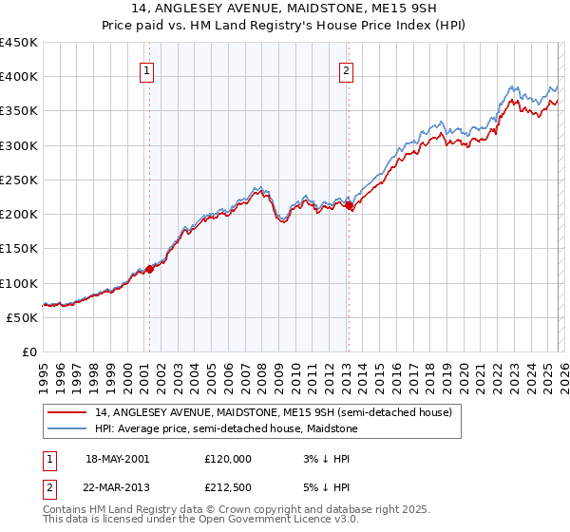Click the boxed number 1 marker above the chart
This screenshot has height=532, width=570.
pyautogui.click(x=148, y=70)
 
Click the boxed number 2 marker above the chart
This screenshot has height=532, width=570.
pyautogui.click(x=347, y=70)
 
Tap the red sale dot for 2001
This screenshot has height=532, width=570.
pyautogui.click(x=149, y=270)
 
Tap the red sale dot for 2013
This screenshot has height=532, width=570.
pyautogui.click(x=349, y=205)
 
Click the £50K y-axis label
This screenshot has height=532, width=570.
pyautogui.click(x=22, y=317)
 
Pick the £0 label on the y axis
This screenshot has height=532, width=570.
pyautogui.click(x=30, y=351)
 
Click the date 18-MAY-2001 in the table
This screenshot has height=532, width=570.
pyautogui.click(x=117, y=458)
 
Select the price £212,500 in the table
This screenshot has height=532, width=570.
pyautogui.click(x=228, y=485)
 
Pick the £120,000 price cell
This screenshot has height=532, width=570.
pyautogui.click(x=228, y=458)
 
